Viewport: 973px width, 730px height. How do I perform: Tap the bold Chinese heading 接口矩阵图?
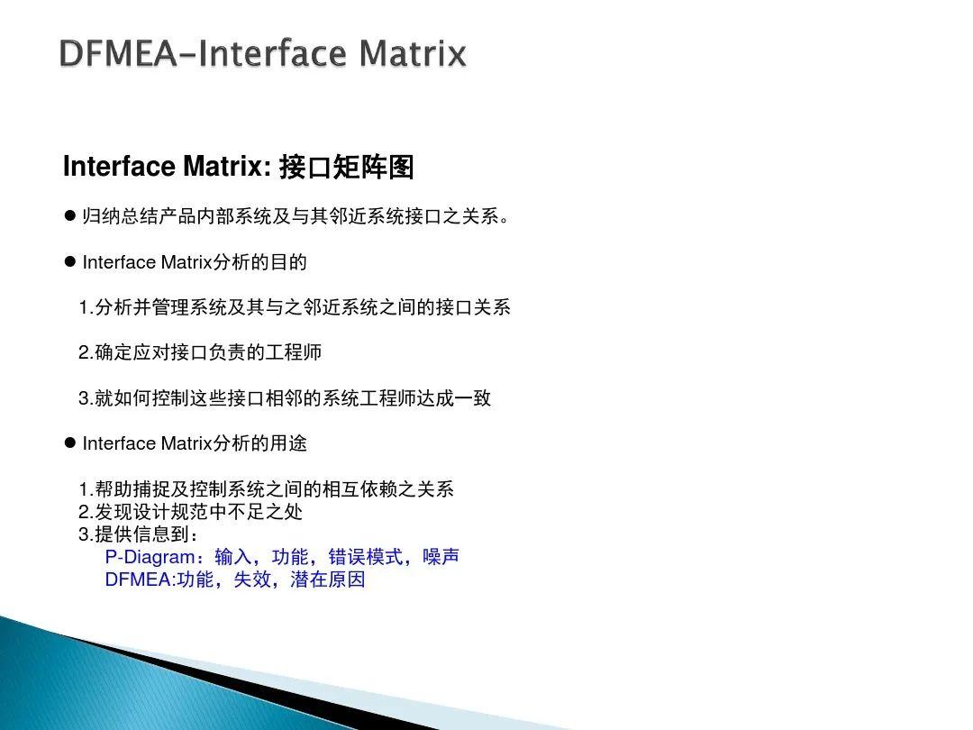pyautogui.click(x=346, y=168)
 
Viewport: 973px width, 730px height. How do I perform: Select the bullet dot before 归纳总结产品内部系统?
pyautogui.click(x=69, y=217)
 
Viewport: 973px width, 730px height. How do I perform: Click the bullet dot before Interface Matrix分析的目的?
pyautogui.click(x=69, y=262)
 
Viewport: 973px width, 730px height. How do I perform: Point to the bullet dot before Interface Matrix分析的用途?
pyautogui.click(x=69, y=443)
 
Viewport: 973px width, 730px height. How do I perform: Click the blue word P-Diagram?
pyautogui.click(x=150, y=557)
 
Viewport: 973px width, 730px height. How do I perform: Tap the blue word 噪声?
pyautogui.click(x=441, y=557)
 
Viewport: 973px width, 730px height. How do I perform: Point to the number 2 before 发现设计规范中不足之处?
pyautogui.click(x=84, y=512)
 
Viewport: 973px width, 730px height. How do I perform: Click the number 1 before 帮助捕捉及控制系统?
pyautogui.click(x=84, y=489)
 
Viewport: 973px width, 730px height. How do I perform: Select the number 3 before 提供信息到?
pyautogui.click(x=84, y=534)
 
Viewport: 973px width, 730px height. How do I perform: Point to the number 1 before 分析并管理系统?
pyautogui.click(x=84, y=307)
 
